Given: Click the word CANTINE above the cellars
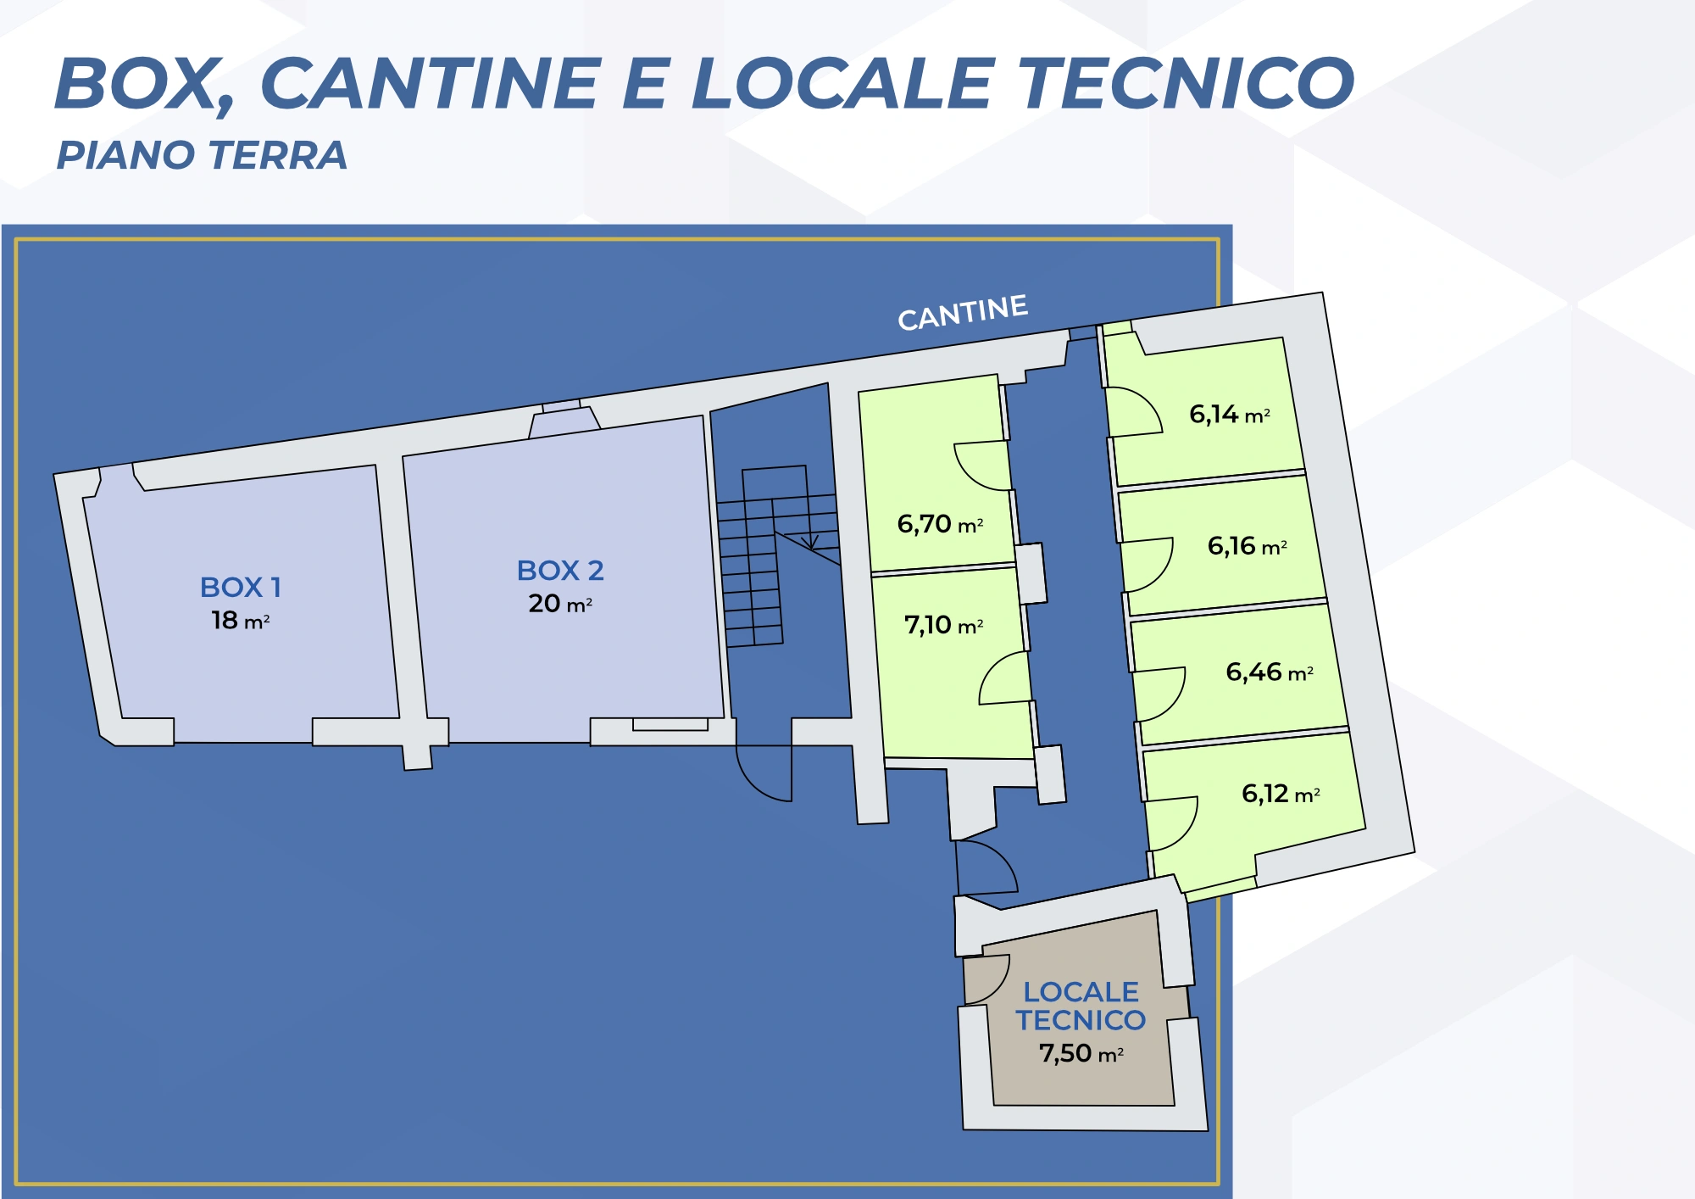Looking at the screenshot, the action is coord(963,312).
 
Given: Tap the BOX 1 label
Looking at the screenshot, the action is coord(241,587).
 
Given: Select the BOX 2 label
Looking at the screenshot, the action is coord(560,571).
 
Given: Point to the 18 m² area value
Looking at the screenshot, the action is coord(241,621).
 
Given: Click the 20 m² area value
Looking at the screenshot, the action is coord(560,604).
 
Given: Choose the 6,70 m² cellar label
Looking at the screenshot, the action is coord(940,524).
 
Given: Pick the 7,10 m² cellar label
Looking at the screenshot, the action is coord(943,625).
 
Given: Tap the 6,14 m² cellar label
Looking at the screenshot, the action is coord(1230,415).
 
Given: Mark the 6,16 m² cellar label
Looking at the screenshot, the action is coord(1248,546).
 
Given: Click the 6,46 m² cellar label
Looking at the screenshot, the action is coord(1270,672).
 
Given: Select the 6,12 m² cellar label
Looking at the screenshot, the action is coord(1281,794).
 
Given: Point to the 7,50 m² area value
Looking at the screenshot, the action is coord(1081,1053).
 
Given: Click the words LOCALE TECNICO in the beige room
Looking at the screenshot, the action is coord(1081,1006).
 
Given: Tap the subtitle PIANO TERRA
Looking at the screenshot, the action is coord(202,155).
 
